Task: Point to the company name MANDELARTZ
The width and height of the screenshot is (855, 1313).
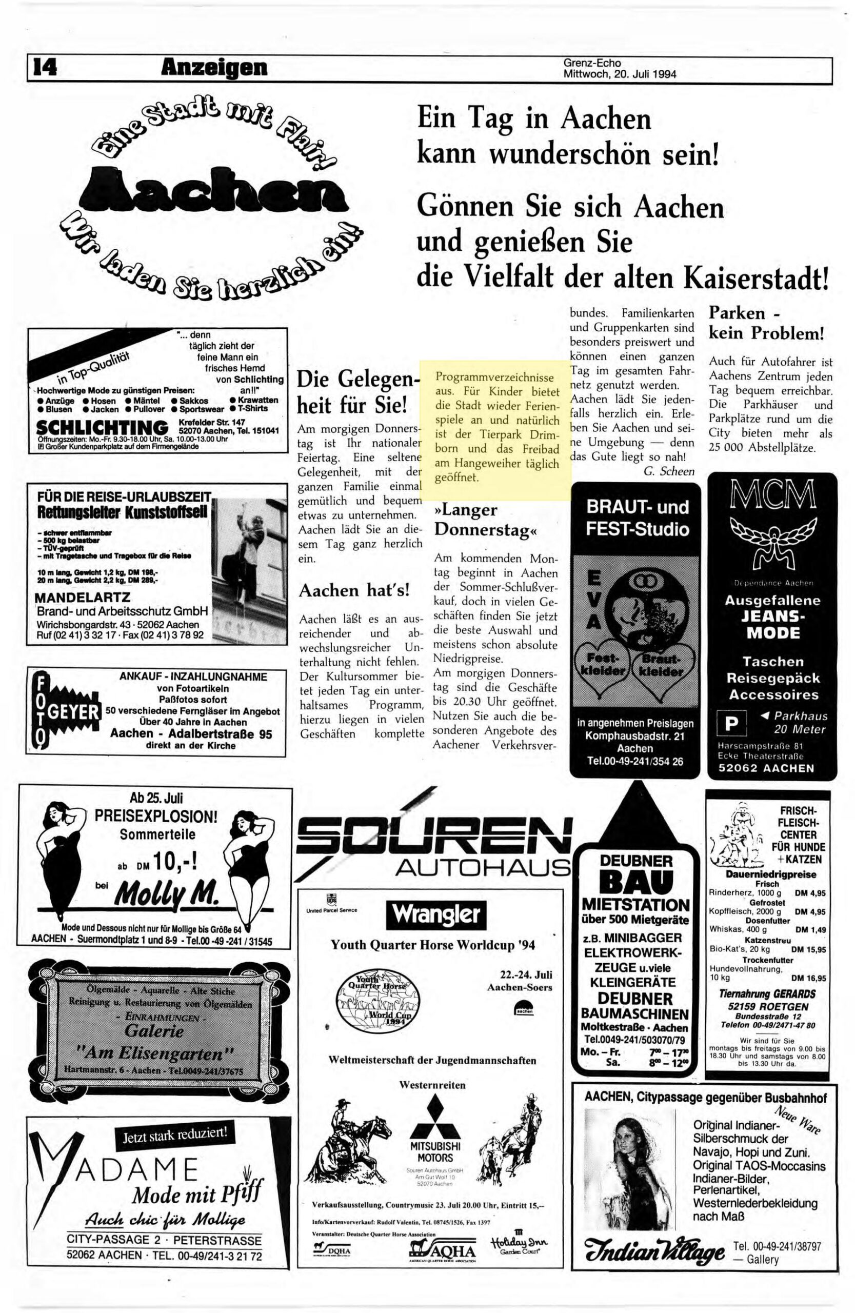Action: coord(83,598)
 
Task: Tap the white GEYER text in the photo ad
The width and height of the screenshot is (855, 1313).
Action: coord(73,712)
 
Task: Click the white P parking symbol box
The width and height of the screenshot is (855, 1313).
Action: coord(731,723)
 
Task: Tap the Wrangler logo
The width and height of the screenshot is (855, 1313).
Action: coord(436,914)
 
